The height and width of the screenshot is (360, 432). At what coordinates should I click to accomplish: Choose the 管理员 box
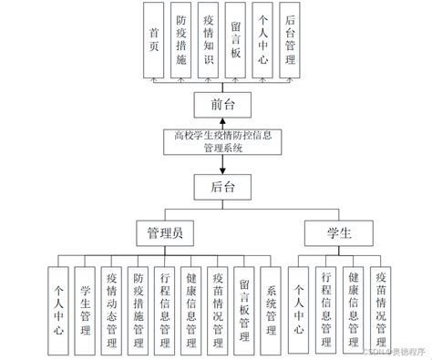165,234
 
